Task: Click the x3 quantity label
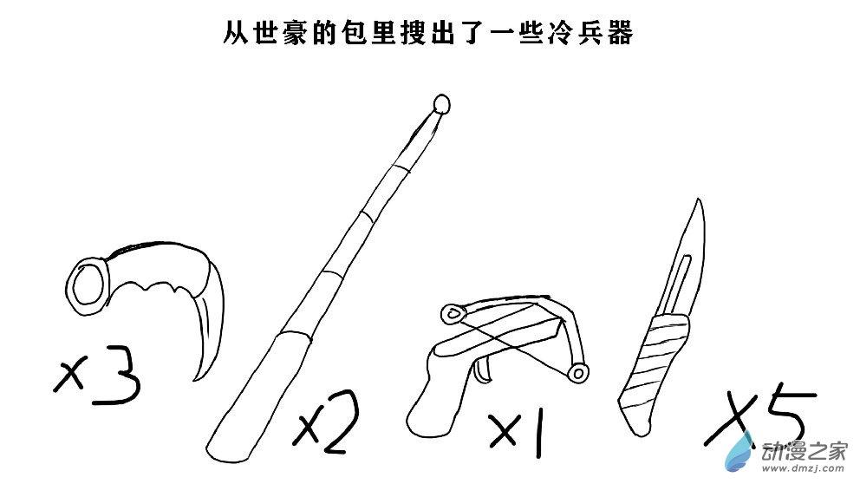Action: pos(98,376)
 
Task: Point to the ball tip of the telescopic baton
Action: pos(441,104)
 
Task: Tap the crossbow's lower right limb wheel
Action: pos(578,373)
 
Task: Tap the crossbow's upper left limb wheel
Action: pos(453,313)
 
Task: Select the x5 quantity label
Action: pos(759,418)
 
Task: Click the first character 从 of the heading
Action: pos(237,33)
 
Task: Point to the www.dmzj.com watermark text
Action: pos(803,468)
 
